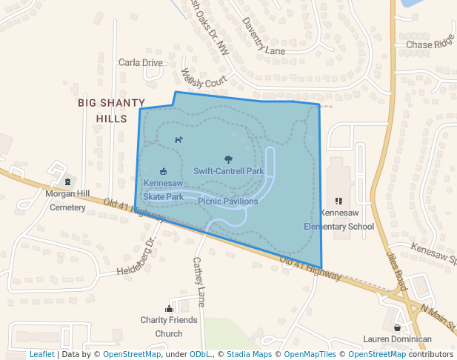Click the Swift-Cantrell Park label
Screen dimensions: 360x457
pos(229,171)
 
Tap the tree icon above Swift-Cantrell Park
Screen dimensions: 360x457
pos(228,159)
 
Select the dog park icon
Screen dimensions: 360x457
pos(179,139)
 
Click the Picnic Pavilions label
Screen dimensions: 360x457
pos(228,201)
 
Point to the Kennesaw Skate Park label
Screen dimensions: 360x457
pos(163,190)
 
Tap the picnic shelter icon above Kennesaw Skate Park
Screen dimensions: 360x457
pos(164,171)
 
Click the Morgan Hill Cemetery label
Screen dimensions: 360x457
pos(67,201)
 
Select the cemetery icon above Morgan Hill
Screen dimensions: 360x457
pos(67,181)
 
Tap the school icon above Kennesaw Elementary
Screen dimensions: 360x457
pos(338,200)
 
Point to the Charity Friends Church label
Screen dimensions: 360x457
pos(169,327)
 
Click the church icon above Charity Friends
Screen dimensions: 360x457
pos(169,308)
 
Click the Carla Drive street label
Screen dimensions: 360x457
pos(140,63)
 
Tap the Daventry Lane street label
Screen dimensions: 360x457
pos(263,38)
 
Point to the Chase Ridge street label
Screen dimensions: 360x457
pos(429,44)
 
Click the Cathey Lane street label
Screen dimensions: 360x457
pos(199,281)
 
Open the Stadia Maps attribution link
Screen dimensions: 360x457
pos(249,354)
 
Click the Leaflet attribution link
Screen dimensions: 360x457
pos(41,354)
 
